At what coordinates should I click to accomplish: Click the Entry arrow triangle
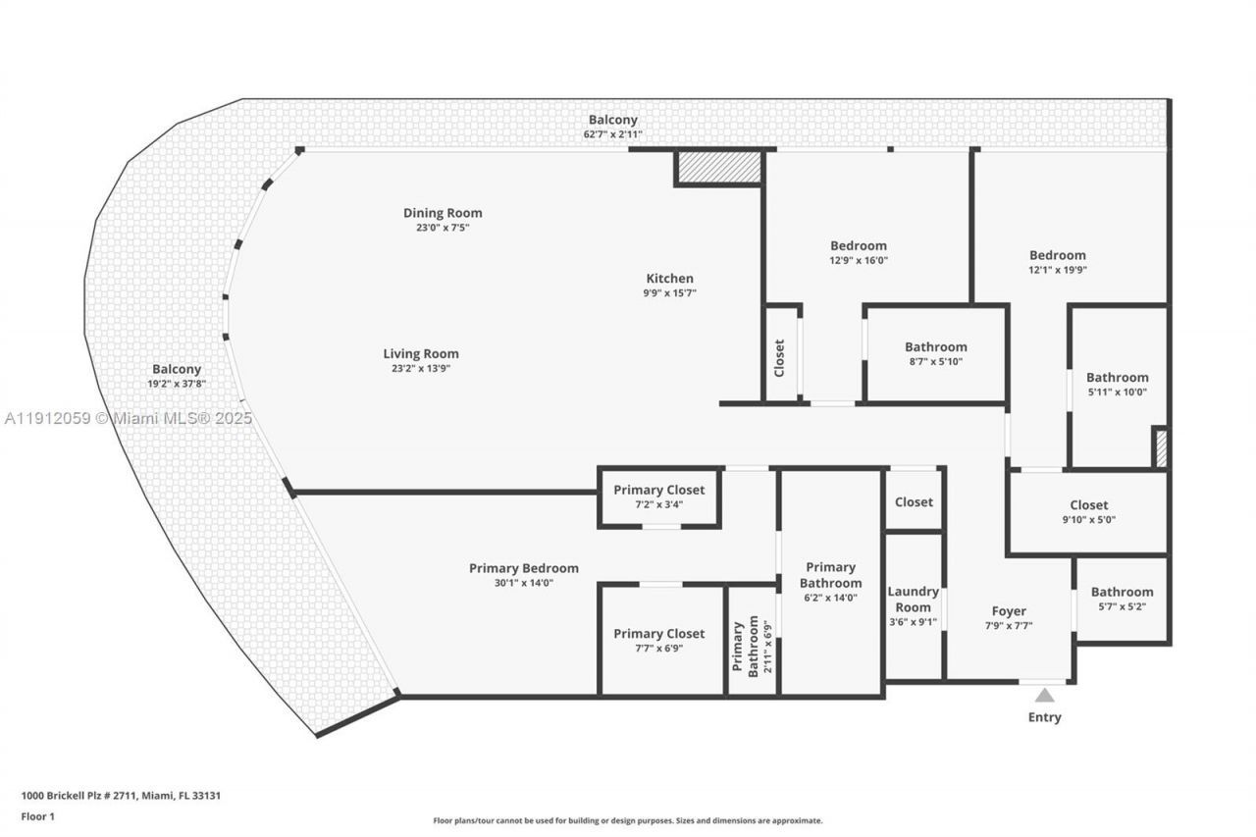tap(1045, 696)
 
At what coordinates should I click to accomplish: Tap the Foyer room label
tap(1009, 611)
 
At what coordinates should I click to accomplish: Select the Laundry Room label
tap(913, 599)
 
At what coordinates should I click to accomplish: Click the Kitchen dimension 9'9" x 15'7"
tap(670, 292)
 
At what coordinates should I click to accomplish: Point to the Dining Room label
tap(443, 213)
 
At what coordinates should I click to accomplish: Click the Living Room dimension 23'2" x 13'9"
tap(421, 369)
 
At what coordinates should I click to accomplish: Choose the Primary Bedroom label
tap(523, 568)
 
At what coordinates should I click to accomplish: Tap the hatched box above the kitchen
tap(720, 167)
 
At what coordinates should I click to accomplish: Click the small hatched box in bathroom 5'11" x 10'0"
tap(1161, 448)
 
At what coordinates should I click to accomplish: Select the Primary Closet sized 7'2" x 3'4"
tap(658, 497)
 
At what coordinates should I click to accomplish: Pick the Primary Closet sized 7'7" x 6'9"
tap(658, 640)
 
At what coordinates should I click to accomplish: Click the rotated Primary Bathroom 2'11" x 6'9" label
tap(754, 644)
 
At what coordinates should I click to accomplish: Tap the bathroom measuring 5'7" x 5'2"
tap(1122, 599)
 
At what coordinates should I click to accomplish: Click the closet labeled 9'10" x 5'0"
tap(1088, 512)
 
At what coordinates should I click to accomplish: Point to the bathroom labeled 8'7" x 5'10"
tap(935, 353)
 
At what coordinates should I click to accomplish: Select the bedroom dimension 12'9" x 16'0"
tap(858, 261)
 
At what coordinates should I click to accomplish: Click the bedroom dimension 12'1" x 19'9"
tap(1057, 270)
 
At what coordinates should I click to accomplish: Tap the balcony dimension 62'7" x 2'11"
tap(612, 134)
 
